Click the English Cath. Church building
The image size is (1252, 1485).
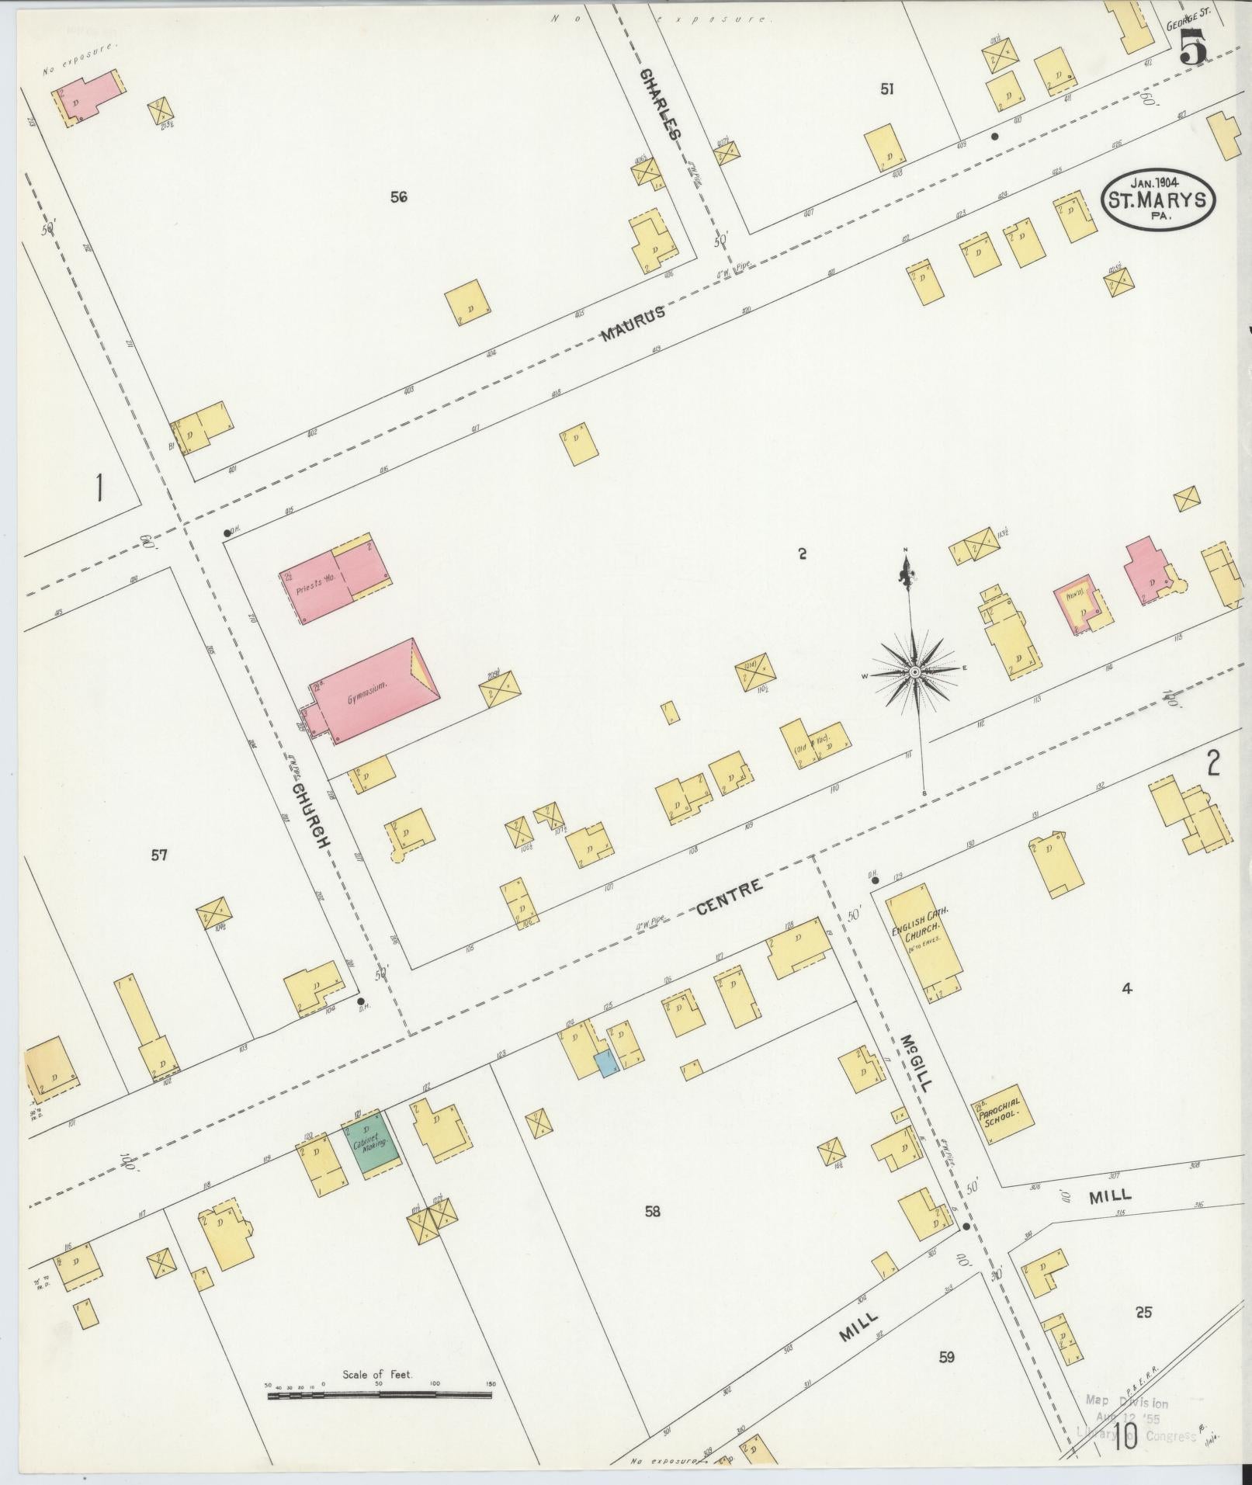(924, 939)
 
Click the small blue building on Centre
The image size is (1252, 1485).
(604, 1063)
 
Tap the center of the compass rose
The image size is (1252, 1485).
(915, 671)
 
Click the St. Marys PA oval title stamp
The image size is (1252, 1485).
(1157, 199)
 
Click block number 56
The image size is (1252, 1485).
(399, 197)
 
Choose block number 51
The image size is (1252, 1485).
(886, 89)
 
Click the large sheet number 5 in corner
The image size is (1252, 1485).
(1193, 50)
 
